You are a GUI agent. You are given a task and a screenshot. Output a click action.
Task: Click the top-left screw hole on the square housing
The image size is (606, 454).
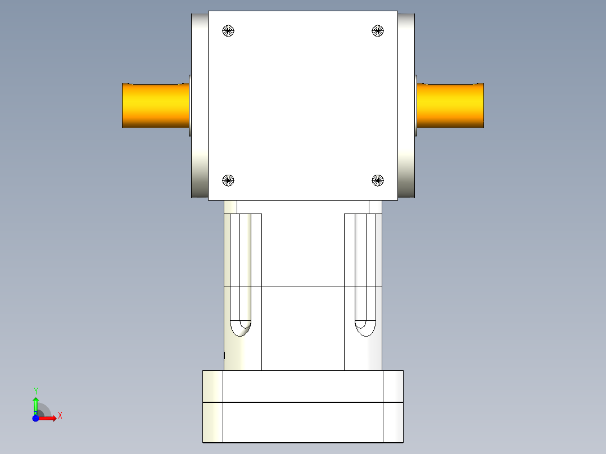click(x=228, y=31)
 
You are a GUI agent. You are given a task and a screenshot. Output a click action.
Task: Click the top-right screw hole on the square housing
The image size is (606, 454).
click(x=378, y=31)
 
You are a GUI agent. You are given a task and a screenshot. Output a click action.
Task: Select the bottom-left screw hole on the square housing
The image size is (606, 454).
click(x=228, y=180)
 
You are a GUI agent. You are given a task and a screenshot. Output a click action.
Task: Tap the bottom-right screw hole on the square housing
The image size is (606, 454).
click(x=378, y=180)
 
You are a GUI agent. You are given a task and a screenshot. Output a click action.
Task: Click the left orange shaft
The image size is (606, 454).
click(x=155, y=106)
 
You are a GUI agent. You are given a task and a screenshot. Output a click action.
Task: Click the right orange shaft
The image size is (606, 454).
click(x=450, y=106)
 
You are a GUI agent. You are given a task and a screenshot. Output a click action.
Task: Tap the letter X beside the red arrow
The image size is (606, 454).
click(x=60, y=416)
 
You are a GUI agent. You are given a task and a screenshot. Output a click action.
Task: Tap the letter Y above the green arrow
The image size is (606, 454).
click(x=35, y=391)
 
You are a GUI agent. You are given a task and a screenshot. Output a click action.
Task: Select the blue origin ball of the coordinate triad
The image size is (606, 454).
click(x=35, y=419)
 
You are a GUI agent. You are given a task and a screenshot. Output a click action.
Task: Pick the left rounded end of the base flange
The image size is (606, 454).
click(x=212, y=406)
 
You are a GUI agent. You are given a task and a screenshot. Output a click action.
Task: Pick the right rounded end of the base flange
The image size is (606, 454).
click(x=394, y=406)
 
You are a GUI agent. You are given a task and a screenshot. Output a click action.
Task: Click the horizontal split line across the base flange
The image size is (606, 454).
click(x=303, y=402)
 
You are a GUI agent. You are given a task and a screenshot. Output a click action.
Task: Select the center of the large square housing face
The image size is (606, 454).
click(x=303, y=106)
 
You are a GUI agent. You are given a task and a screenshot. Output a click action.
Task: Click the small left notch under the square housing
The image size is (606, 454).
click(x=230, y=207)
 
